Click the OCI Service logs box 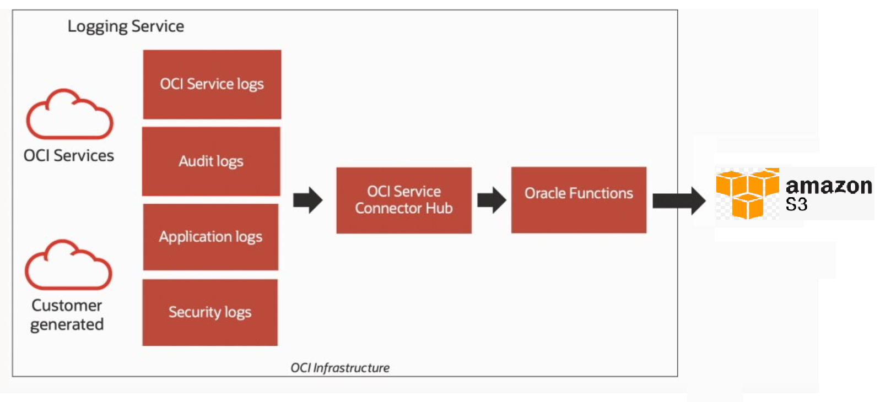coord(212,84)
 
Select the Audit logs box coord(211,161)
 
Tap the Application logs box coord(210,237)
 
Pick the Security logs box coord(210,312)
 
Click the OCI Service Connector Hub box coord(404,200)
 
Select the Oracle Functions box coord(579,200)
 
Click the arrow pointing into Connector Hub coord(307,200)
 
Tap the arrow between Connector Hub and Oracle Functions coord(492,200)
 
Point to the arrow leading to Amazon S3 coord(678,200)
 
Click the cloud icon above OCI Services coord(70,115)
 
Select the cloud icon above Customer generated coord(68,266)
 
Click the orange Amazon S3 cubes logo coord(747,193)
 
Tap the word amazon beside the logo coord(829,186)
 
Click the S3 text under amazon coord(796,205)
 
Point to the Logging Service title coord(126,26)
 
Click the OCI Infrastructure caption coord(340,368)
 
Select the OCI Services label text coord(69,156)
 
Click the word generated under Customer coord(67,325)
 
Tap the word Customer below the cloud coord(67,306)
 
